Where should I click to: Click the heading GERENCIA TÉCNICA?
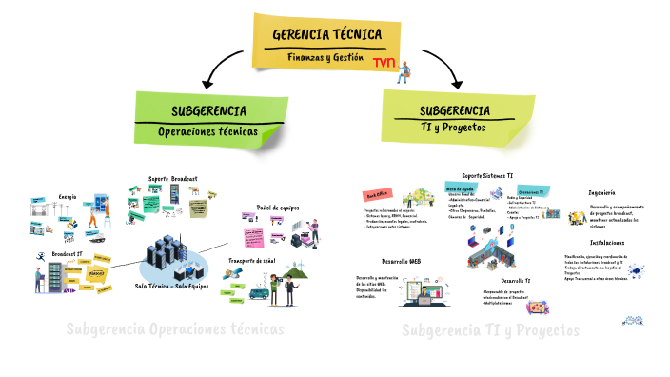click(x=326, y=35)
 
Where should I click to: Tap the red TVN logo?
click(x=385, y=63)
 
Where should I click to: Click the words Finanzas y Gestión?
click(x=326, y=57)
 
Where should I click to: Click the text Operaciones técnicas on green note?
click(x=207, y=132)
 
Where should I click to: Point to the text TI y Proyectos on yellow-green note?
click(x=453, y=127)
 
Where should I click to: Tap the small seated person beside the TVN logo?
click(x=404, y=69)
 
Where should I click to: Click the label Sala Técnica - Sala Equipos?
click(x=172, y=285)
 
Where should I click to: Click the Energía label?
click(x=68, y=197)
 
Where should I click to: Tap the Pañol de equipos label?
click(x=278, y=208)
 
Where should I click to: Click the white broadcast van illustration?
click(x=260, y=292)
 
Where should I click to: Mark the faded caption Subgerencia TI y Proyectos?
click(x=490, y=330)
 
